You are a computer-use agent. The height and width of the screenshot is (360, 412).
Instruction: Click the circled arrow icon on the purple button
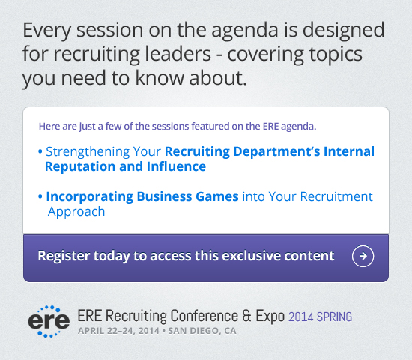point(363,256)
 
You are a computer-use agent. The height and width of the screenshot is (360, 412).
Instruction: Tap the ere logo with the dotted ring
point(49,321)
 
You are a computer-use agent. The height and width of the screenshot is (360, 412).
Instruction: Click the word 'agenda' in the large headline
point(245,31)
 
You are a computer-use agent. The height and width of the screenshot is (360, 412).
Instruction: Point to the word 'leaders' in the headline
point(178,54)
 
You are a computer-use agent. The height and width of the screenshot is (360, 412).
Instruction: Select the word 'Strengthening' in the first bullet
point(88,152)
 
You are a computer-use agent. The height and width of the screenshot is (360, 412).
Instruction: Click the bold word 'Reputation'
point(80,167)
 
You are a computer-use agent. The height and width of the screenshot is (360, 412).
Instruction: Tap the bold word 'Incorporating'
point(90,197)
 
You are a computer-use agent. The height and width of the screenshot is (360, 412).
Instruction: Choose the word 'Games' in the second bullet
point(217,196)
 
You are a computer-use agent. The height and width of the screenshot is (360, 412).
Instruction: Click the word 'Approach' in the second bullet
point(76,212)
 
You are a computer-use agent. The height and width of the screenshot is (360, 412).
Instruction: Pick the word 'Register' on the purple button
point(64,256)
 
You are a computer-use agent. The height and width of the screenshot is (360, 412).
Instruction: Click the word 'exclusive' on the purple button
point(248,256)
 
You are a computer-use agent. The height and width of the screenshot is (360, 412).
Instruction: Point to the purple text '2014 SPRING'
point(321,316)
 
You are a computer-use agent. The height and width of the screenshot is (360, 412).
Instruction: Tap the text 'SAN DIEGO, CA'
point(202,331)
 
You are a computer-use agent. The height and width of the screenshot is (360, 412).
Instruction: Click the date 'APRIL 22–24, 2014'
point(119,331)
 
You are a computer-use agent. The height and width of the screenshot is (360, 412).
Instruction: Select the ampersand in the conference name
point(246,316)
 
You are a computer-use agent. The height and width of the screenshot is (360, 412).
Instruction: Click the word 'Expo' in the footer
point(270,316)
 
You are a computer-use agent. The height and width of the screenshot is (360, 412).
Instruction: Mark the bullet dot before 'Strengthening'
point(40,151)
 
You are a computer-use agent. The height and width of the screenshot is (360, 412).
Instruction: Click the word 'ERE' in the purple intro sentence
point(270,127)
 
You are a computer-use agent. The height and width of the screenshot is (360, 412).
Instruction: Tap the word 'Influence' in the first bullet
point(176,166)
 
